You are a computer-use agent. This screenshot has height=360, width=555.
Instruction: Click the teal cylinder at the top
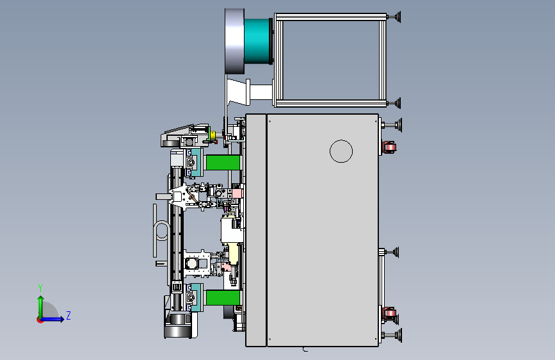tap(257, 41)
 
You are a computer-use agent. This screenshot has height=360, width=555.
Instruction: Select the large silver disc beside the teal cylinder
tap(234, 42)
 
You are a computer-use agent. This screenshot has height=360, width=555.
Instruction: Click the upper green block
tap(223, 163)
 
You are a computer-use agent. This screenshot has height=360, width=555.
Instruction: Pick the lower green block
tap(223, 298)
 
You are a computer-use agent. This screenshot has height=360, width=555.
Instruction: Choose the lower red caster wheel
tap(390, 313)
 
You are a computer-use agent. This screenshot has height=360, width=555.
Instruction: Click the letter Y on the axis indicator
tap(40, 288)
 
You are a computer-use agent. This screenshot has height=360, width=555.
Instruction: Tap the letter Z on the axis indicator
tap(68, 315)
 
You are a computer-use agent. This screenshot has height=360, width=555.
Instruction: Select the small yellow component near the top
tap(213, 135)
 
